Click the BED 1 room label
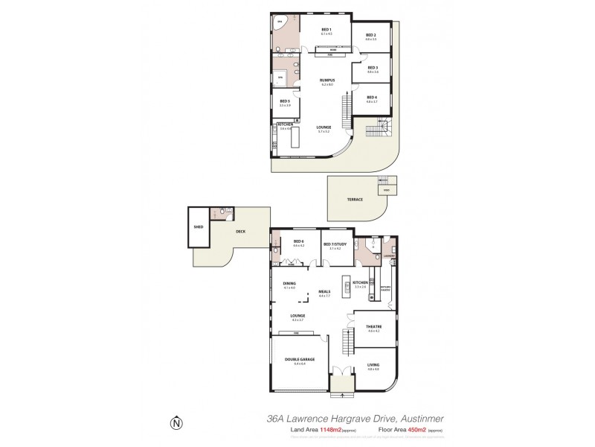pos(326,30)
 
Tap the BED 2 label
pos(370,35)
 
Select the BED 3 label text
pos(372,68)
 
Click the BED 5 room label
pos(284,101)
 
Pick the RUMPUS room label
pos(327,80)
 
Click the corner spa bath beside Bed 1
pos(281,23)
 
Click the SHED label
pos(199,226)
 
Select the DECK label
pos(240,231)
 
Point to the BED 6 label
pos(298,241)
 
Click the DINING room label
pos(289,284)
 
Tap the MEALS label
pos(324,291)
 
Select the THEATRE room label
pos(373,327)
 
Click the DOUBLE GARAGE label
pos(299,360)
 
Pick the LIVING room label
pos(373,365)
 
